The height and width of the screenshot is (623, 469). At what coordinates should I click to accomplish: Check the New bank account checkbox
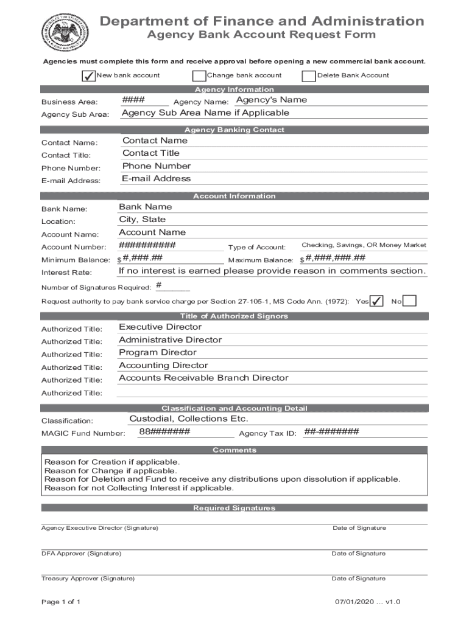pyautogui.click(x=88, y=76)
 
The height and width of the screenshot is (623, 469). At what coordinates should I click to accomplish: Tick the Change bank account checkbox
pyautogui.click(x=199, y=76)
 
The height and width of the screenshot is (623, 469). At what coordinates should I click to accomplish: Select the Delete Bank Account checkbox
pyautogui.click(x=309, y=76)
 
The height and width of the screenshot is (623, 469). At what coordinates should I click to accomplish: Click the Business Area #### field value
pyautogui.click(x=133, y=100)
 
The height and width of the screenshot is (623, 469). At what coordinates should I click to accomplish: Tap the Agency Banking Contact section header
pyautogui.click(x=234, y=130)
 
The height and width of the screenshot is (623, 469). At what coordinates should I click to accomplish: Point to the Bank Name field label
pyautogui.click(x=64, y=209)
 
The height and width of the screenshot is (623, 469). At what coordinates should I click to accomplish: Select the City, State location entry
pyautogui.click(x=142, y=220)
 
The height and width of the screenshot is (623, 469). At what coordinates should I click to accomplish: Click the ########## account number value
pyautogui.click(x=147, y=245)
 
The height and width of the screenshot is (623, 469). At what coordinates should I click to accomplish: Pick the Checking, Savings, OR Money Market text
pyautogui.click(x=364, y=245)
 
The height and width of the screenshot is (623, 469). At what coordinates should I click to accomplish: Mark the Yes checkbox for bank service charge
pyautogui.click(x=377, y=301)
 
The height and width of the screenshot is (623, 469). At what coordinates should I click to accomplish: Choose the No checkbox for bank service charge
pyautogui.click(x=410, y=301)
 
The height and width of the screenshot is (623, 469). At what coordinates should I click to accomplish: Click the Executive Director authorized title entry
pyautogui.click(x=160, y=327)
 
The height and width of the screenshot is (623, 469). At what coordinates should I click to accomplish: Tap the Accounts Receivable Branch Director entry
pyautogui.click(x=203, y=378)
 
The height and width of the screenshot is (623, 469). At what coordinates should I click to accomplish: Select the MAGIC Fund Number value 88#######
pyautogui.click(x=164, y=432)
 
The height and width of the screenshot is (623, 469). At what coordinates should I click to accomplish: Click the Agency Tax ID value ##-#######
pyautogui.click(x=332, y=432)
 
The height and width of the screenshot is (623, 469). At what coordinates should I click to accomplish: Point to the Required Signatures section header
pyautogui.click(x=234, y=508)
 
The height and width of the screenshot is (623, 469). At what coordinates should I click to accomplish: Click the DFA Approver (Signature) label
pyautogui.click(x=81, y=554)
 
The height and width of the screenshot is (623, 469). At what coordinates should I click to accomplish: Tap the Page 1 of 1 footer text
pyautogui.click(x=61, y=602)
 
